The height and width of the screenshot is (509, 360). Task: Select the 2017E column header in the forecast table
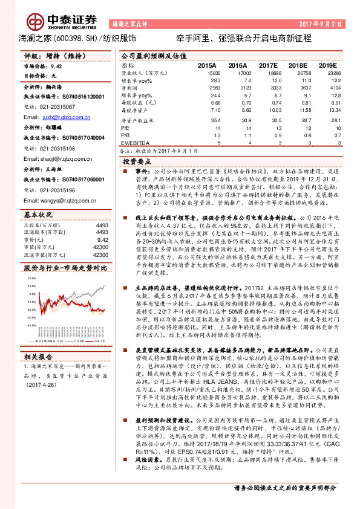[268, 65]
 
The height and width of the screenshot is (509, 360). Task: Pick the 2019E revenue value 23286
[327, 73]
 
